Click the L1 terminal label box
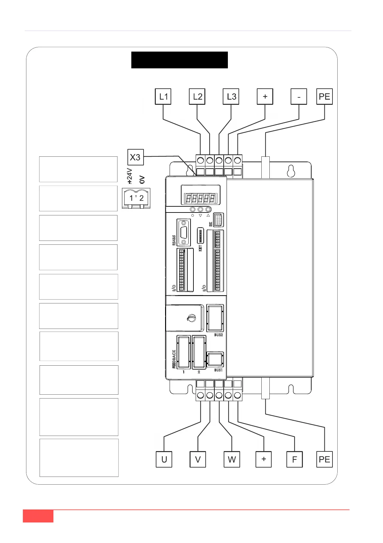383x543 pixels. click(x=163, y=97)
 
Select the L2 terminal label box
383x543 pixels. click(x=197, y=97)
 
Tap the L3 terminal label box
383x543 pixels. click(x=231, y=97)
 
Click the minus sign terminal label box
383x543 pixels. click(x=299, y=97)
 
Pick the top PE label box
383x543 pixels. click(x=324, y=97)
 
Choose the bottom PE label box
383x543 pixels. click(x=324, y=459)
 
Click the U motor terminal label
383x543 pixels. click(x=164, y=459)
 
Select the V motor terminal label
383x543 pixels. click(x=198, y=459)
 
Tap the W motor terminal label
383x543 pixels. click(x=232, y=459)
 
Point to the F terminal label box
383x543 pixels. click(x=294, y=459)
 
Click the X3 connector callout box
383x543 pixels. click(x=135, y=157)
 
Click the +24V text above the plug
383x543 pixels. click(x=129, y=176)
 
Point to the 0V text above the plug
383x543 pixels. click(x=142, y=180)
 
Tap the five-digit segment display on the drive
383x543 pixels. click(x=200, y=198)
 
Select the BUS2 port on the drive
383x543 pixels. click(x=215, y=318)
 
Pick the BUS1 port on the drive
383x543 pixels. click(x=215, y=359)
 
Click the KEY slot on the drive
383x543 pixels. click(x=200, y=236)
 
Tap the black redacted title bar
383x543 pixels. click(x=179, y=60)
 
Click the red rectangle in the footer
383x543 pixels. click(x=38, y=516)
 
